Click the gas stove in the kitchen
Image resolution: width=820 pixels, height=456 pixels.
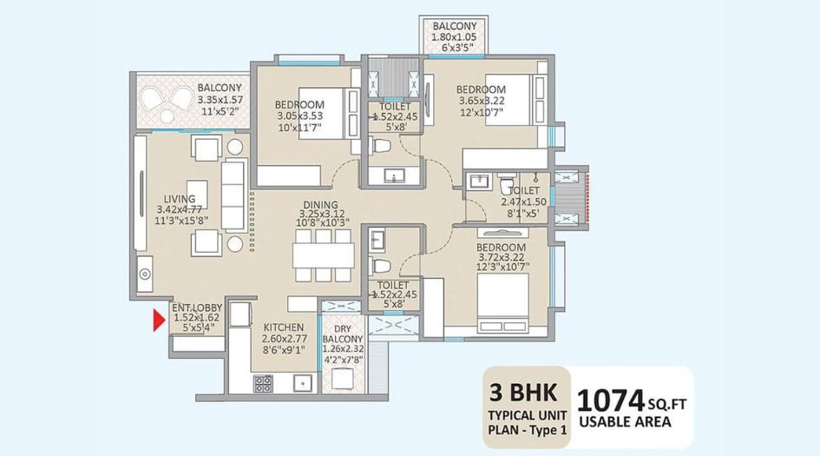263,382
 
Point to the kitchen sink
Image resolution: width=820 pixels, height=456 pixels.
303,382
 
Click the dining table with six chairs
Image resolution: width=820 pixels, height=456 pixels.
323,255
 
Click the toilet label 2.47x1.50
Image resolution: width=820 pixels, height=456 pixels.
524,202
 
